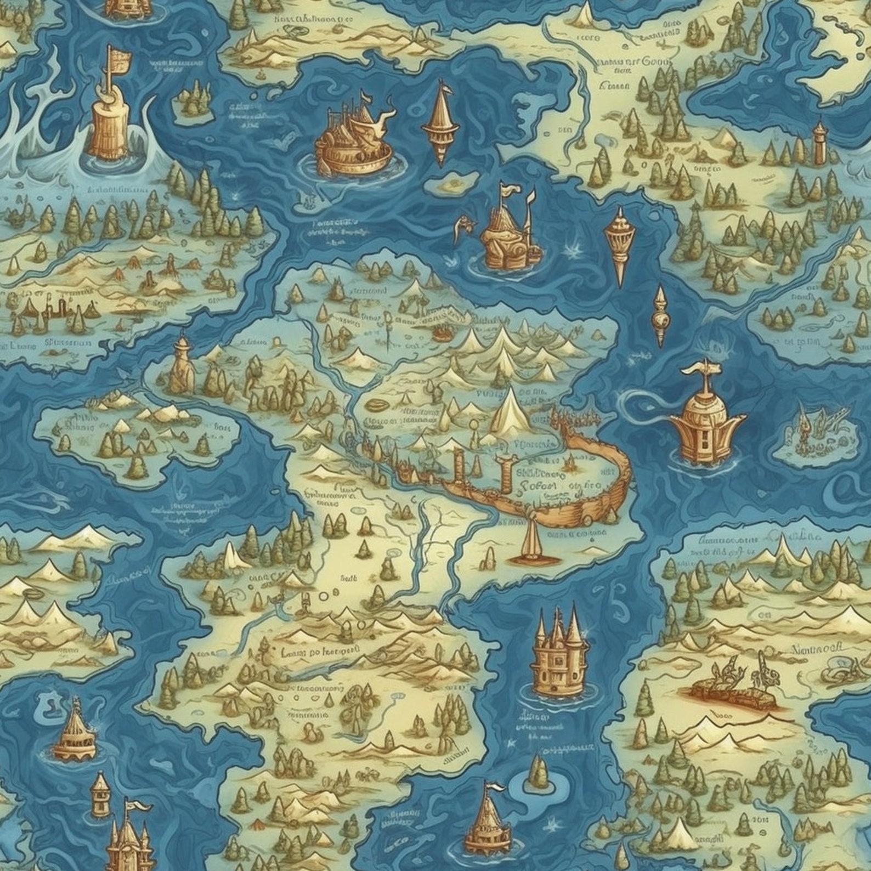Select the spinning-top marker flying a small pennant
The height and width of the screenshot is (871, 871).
click(440, 123)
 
